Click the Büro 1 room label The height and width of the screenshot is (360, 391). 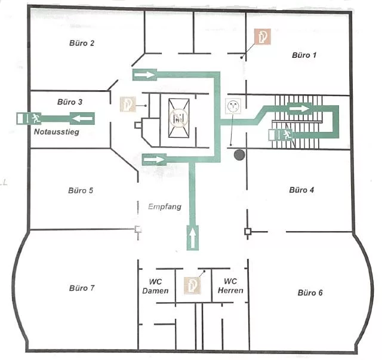(304, 55)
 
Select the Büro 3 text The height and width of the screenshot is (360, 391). (70, 102)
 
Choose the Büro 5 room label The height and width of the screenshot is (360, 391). (81, 191)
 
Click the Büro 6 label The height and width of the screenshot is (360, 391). (310, 293)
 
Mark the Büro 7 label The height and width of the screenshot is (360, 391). (82, 288)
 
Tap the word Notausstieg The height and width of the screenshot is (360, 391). (57, 132)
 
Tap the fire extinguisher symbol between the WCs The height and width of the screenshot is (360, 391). (192, 285)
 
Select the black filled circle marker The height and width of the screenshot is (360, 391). (239, 155)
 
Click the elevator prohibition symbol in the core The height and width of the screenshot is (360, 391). (178, 118)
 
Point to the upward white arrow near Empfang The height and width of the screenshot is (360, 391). (193, 238)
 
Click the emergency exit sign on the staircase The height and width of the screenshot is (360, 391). (281, 135)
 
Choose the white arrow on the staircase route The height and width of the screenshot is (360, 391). (300, 109)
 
